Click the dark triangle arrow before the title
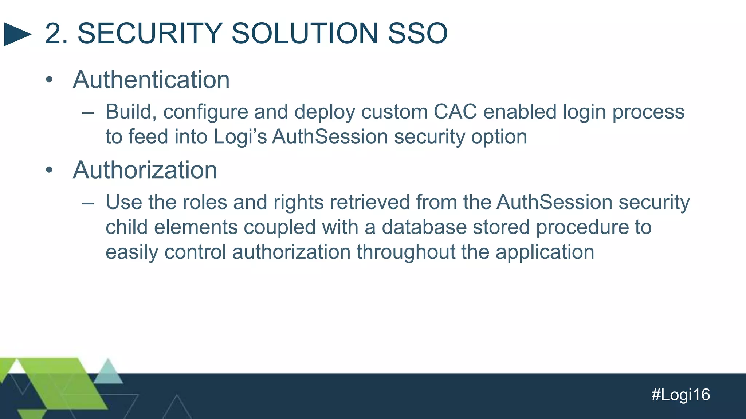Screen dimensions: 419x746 click(x=16, y=34)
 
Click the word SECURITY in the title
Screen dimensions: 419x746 click(x=150, y=33)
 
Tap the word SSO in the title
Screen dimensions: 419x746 click(x=417, y=33)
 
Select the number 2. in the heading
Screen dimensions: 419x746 click(x=56, y=33)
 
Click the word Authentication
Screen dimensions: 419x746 click(x=151, y=80)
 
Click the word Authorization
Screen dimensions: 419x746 click(x=145, y=170)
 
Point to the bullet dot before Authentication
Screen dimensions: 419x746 click(x=50, y=80)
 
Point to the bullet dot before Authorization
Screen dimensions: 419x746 click(x=50, y=170)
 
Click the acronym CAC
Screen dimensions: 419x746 click(x=455, y=112)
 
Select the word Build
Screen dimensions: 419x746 click(x=128, y=112)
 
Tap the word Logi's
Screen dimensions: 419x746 click(x=240, y=137)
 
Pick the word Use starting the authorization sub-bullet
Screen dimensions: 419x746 click(x=123, y=202)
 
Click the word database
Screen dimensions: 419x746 click(x=424, y=227)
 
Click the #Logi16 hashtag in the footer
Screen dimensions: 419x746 click(x=680, y=395)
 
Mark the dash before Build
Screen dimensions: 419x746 click(x=88, y=113)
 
